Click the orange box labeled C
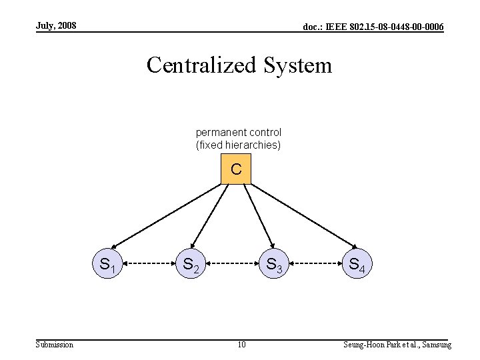coord(236,169)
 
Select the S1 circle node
coord(109,265)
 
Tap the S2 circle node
coord(191,265)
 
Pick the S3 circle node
coord(275,265)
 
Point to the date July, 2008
coord(56,26)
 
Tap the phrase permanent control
coord(239,133)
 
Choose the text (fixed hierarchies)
coord(239,145)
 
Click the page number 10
coord(241,344)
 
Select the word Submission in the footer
coord(55,344)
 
